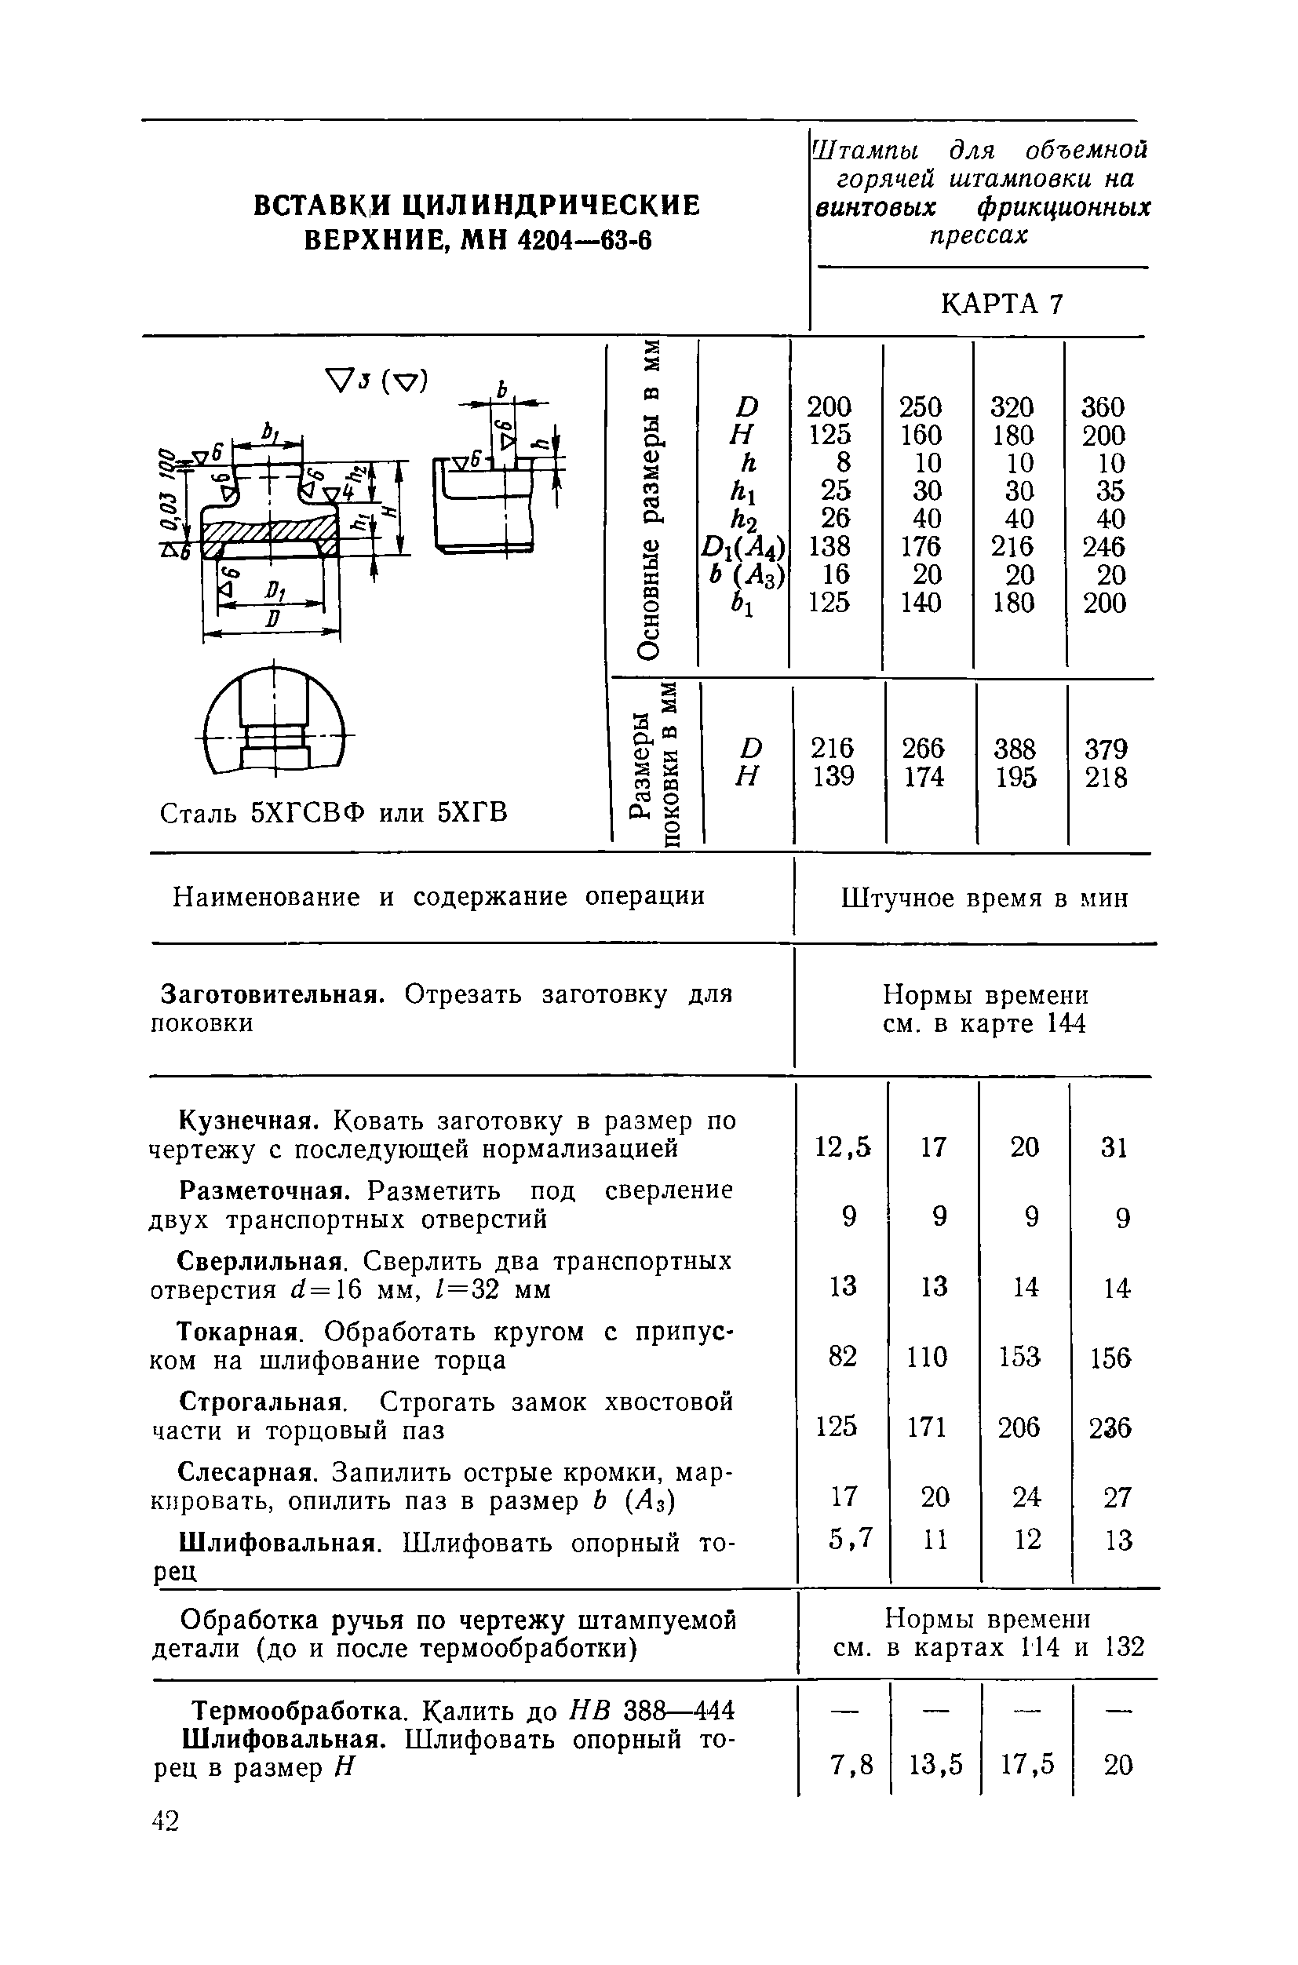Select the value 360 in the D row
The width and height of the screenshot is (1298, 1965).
pos(1103,406)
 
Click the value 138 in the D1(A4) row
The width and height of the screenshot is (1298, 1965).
pos(829,546)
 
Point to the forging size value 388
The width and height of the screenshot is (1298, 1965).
pos(1014,749)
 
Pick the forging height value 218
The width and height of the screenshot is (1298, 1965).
pos(1106,777)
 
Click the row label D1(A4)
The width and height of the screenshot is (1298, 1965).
pos(742,547)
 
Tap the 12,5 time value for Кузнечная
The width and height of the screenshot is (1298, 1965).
pos(843,1147)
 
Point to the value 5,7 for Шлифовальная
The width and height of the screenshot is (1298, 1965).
pos(850,1537)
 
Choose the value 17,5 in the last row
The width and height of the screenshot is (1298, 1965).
pos(1026,1765)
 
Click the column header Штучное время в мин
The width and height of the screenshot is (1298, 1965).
pos(984,898)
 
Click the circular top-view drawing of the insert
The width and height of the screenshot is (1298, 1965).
pos(274,719)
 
